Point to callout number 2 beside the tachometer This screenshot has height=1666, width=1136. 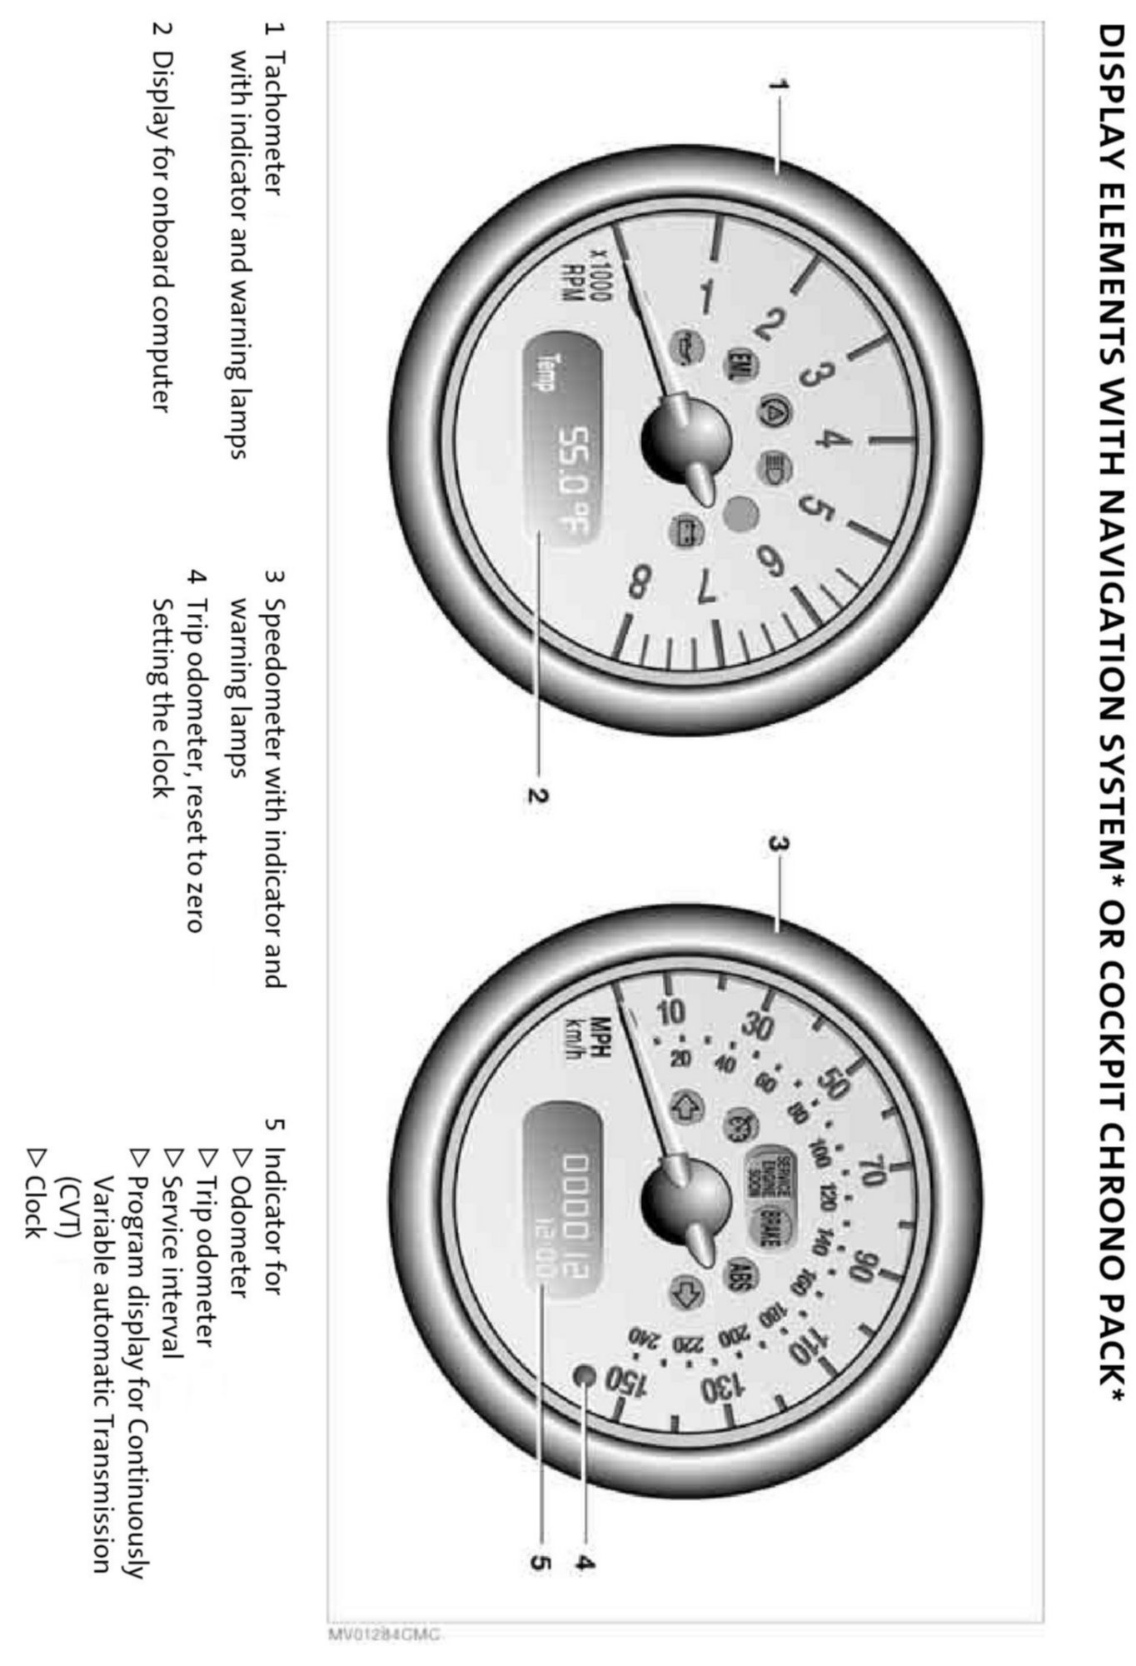537,794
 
